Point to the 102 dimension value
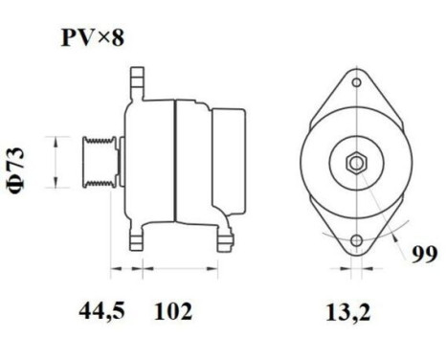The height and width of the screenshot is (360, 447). pos(172,311)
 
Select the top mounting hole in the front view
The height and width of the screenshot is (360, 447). pos(356,84)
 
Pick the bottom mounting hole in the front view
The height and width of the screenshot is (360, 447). pos(356,240)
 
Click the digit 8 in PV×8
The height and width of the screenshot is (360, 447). pos(116,39)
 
